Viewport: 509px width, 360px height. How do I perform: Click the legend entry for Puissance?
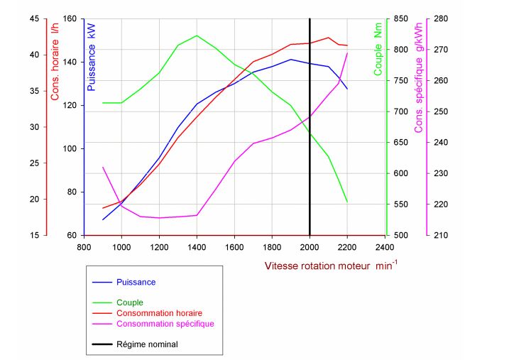(x=136, y=282)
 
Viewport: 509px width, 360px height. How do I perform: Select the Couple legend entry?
(x=129, y=302)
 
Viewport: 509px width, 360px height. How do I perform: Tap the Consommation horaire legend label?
(x=159, y=313)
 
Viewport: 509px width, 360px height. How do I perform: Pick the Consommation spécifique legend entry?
(x=165, y=324)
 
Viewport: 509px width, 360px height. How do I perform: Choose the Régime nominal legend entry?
(x=147, y=344)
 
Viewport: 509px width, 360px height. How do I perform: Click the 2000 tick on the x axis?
(x=310, y=247)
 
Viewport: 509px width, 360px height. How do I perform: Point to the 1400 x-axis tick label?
(x=197, y=247)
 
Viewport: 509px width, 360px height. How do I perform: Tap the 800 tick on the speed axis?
(x=84, y=247)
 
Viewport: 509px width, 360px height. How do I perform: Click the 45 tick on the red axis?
(x=34, y=19)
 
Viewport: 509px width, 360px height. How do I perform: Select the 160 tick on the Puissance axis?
(x=70, y=19)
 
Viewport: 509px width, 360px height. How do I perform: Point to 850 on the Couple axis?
(x=401, y=19)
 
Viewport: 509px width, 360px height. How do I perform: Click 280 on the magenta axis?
(x=441, y=19)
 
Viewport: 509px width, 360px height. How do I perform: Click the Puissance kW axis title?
(x=91, y=57)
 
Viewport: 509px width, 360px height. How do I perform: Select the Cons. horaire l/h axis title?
(x=55, y=62)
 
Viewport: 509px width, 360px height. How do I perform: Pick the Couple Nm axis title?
(x=378, y=49)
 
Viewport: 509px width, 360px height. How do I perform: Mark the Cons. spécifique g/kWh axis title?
(x=418, y=77)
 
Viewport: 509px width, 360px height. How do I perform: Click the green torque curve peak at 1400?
(x=197, y=36)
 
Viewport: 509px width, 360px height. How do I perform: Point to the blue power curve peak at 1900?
(x=291, y=60)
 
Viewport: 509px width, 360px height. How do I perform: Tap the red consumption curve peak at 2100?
(x=328, y=38)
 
